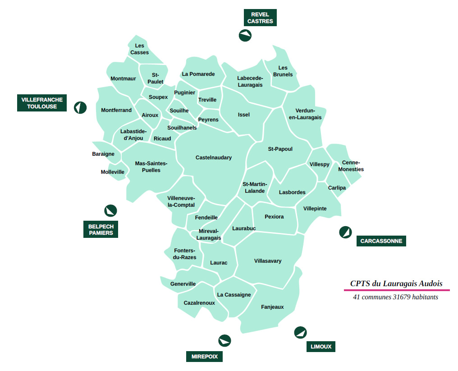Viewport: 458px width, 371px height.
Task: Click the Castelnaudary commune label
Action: (x=214, y=158)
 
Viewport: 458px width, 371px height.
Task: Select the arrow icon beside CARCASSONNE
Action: (x=346, y=232)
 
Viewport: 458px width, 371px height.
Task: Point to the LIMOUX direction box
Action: (x=321, y=347)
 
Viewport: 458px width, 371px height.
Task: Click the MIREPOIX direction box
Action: (x=204, y=357)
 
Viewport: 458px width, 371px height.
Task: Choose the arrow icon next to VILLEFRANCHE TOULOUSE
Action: (x=80, y=107)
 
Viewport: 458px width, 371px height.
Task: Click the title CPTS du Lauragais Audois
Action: (x=396, y=283)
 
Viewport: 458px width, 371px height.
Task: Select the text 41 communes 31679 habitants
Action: (x=395, y=297)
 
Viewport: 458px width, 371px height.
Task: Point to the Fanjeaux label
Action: (x=272, y=307)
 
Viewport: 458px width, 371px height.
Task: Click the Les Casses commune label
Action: (x=140, y=49)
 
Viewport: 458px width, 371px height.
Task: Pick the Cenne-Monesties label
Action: (x=351, y=166)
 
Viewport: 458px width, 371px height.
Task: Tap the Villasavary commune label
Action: (x=268, y=261)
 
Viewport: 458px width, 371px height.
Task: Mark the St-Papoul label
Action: (x=280, y=149)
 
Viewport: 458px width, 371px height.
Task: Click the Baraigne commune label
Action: (x=103, y=154)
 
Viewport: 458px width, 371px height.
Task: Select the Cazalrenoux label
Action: (x=199, y=303)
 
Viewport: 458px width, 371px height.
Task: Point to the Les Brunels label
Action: (x=283, y=71)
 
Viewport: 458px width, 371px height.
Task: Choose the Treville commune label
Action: (x=207, y=100)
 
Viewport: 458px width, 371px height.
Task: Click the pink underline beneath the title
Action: (x=397, y=290)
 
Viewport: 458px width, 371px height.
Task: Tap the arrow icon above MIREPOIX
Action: (x=224, y=340)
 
